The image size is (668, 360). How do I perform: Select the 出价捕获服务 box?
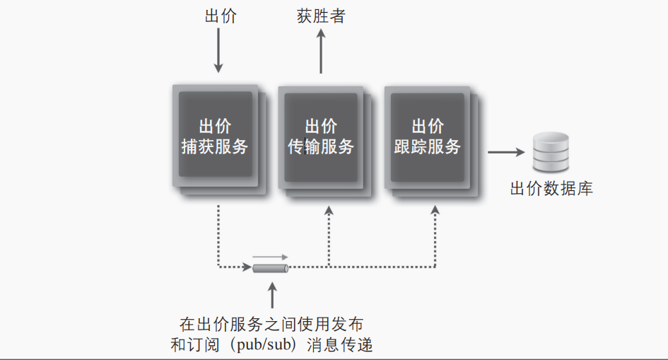[215, 137]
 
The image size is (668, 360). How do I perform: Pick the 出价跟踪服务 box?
[427, 137]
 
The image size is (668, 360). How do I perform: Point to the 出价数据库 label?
[551, 189]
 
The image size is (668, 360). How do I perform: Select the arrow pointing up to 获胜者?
[321, 52]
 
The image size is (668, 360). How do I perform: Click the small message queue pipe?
[271, 268]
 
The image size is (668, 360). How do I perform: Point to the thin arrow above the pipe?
[271, 256]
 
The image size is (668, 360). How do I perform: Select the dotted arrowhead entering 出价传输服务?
[329, 211]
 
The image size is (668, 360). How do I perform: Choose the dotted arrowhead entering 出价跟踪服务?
[435, 211]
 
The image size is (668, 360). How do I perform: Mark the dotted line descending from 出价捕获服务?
[218, 233]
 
